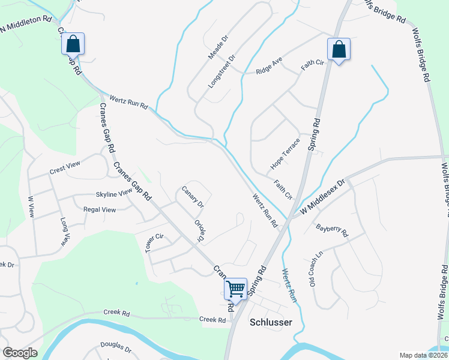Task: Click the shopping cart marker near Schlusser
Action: click(236, 289)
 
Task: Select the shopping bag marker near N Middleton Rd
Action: click(73, 44)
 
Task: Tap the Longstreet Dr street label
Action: click(221, 72)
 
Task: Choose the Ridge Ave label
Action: click(268, 67)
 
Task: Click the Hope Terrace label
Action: click(285, 153)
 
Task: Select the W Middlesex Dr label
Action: click(322, 193)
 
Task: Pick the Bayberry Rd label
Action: click(332, 231)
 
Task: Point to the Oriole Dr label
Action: click(200, 229)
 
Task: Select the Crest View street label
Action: click(65, 170)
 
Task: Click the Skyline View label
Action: click(113, 194)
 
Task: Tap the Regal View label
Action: click(100, 209)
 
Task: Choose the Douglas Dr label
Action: click(116, 347)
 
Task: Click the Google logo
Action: click(20, 353)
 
